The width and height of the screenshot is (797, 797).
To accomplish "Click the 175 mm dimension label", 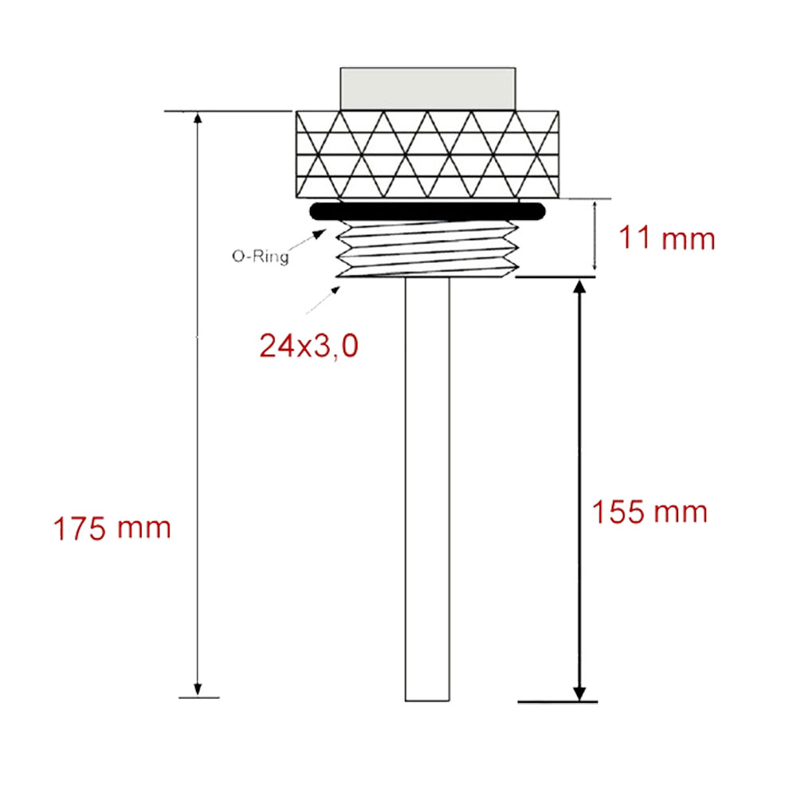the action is pyautogui.click(x=112, y=528).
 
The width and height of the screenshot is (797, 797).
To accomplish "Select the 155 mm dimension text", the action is pyautogui.click(x=650, y=512).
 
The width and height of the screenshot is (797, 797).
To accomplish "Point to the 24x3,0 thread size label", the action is pyautogui.click(x=309, y=346).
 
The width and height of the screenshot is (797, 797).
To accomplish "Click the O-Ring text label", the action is pyautogui.click(x=261, y=256).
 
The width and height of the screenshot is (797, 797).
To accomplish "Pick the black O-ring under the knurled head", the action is pyautogui.click(x=427, y=211).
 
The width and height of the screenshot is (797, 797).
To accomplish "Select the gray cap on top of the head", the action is pyautogui.click(x=427, y=89).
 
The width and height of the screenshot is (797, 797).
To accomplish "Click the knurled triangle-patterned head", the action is pyautogui.click(x=427, y=155).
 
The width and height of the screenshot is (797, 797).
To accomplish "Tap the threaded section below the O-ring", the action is pyautogui.click(x=427, y=249).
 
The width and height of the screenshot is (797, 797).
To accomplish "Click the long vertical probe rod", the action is pyautogui.click(x=427, y=489).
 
